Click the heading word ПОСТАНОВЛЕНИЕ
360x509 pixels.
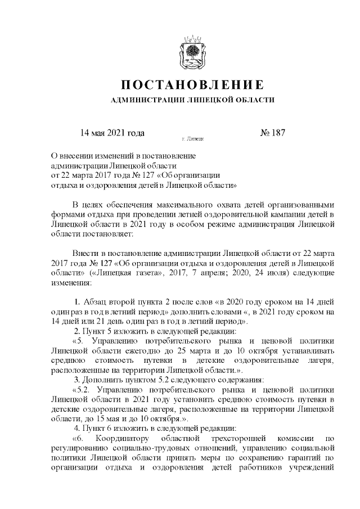(192, 85)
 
